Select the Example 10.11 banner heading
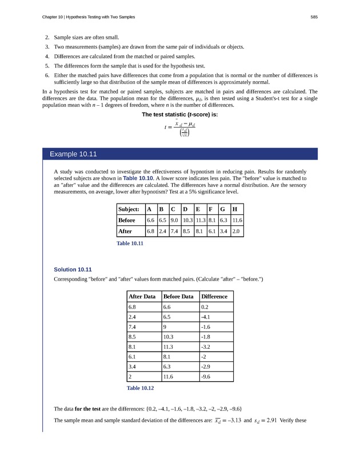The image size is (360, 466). pyautogui.click(x=73, y=154)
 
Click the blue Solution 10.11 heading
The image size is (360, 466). pyautogui.click(x=73, y=269)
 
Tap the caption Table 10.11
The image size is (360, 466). pyautogui.click(x=130, y=243)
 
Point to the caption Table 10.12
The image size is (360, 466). pyautogui.click(x=140, y=388)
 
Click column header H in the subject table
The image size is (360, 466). pyautogui.click(x=236, y=209)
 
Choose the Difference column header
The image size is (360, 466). pyautogui.click(x=215, y=296)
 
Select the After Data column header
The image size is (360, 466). pyautogui.click(x=142, y=296)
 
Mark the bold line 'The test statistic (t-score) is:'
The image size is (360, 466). pyautogui.click(x=180, y=114)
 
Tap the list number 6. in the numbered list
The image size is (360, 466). pyautogui.click(x=47, y=75)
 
